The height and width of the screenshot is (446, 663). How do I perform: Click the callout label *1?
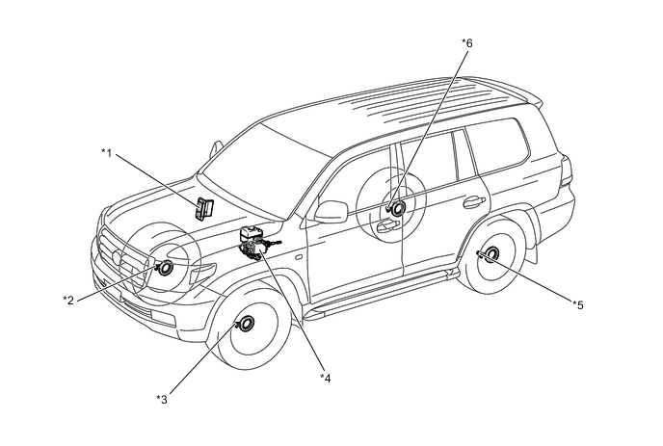[x=107, y=152]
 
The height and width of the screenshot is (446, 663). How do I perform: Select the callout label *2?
[x=68, y=301]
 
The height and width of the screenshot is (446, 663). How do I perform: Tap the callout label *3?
[x=162, y=399]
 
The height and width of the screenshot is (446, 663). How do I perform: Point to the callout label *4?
[x=325, y=378]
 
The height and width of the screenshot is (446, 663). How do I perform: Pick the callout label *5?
[x=578, y=304]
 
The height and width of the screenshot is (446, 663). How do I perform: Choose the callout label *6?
[x=467, y=42]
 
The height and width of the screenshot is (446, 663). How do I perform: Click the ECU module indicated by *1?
[x=203, y=208]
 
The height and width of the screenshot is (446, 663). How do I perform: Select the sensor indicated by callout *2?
[x=164, y=268]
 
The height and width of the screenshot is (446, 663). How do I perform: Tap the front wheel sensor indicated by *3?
[x=245, y=324]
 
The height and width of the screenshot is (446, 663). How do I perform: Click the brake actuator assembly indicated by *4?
[x=256, y=244]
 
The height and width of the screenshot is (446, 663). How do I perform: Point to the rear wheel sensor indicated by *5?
[x=490, y=253]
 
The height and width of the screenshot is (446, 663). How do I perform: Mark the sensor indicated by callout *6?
[x=397, y=207]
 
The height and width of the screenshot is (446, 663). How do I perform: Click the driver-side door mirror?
[x=331, y=212]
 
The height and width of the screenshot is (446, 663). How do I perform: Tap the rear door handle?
[x=474, y=202]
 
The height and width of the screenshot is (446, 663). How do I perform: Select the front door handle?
[x=387, y=225]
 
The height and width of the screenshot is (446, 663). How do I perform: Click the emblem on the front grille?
[x=118, y=257]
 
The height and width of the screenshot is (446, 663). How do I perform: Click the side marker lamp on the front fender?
[x=299, y=257]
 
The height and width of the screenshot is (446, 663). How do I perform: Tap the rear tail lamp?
[x=566, y=171]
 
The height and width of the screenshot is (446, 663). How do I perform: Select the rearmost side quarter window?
[x=498, y=145]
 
